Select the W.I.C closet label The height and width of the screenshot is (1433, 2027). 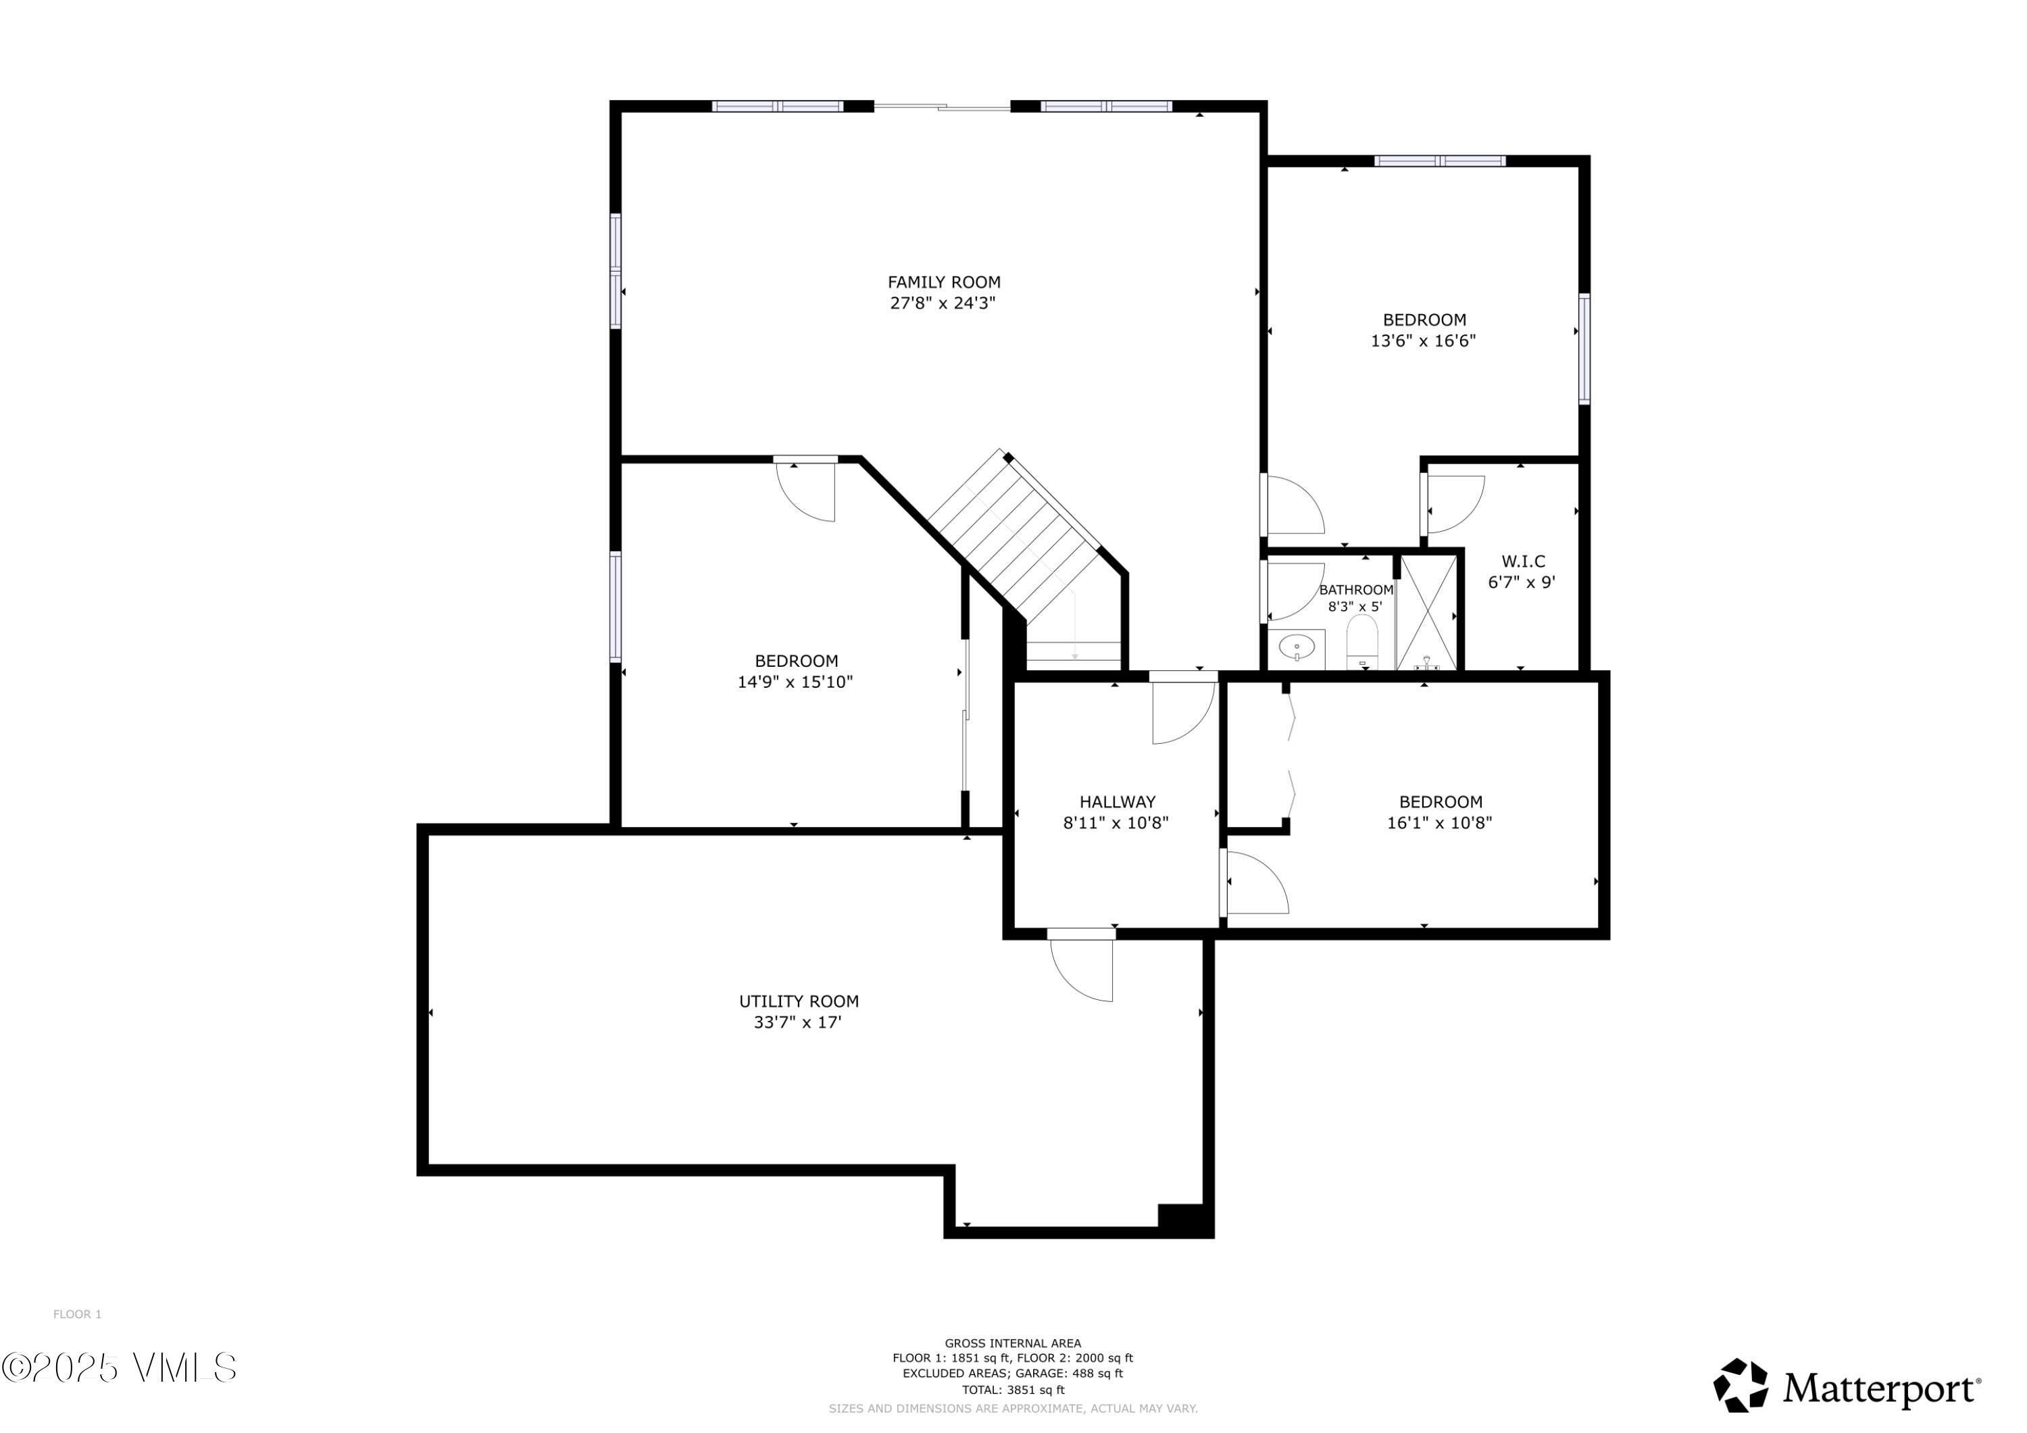click(x=1523, y=561)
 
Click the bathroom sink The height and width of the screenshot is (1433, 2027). click(x=1296, y=648)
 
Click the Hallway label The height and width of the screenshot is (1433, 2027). click(x=1117, y=802)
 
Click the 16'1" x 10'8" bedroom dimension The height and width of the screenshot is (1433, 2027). click(x=1439, y=823)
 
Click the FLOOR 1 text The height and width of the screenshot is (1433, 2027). click(x=78, y=1315)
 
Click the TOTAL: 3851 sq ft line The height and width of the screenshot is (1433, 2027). click(x=1013, y=1390)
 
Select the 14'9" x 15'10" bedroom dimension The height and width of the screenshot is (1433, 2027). click(x=795, y=682)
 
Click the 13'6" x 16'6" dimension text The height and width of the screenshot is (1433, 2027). click(x=1422, y=341)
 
